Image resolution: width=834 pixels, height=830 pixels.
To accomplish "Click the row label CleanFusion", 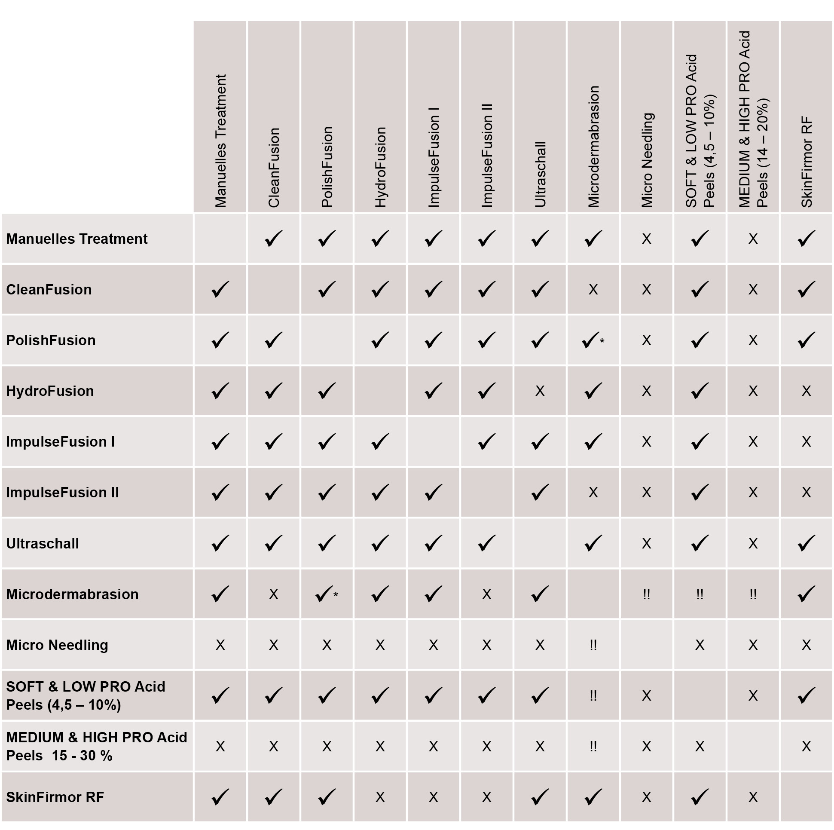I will click(49, 289).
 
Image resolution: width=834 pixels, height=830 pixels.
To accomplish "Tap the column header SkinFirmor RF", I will click(807, 162).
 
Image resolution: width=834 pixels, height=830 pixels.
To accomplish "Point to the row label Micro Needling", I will click(57, 645).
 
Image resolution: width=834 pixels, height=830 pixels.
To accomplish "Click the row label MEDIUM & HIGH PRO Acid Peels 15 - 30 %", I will click(96, 746).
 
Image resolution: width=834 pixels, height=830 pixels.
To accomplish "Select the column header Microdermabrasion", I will click(593, 147).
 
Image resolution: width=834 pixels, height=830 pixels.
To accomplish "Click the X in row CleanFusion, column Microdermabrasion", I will click(593, 289).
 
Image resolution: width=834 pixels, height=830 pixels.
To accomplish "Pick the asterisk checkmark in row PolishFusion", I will click(593, 341).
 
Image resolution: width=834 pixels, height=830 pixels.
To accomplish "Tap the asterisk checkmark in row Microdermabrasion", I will click(327, 594).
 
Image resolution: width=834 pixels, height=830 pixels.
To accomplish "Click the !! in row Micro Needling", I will click(593, 645).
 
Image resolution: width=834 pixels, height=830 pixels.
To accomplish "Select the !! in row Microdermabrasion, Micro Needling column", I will click(646, 594).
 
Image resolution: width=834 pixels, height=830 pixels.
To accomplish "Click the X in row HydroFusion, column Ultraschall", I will click(540, 391).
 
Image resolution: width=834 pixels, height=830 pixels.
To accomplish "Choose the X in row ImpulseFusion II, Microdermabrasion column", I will click(593, 492).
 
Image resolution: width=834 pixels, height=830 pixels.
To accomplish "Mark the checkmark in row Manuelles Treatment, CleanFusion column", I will click(273, 239).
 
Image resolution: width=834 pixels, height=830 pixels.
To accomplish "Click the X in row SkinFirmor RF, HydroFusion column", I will click(380, 797).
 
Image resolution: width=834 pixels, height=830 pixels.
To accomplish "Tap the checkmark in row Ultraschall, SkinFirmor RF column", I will click(806, 543).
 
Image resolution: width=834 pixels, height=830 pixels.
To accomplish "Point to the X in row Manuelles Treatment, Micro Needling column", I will click(646, 239).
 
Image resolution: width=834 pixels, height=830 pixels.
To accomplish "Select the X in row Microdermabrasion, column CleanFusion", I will click(273, 594).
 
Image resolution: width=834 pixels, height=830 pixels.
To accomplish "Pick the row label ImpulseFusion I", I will click(61, 442).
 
